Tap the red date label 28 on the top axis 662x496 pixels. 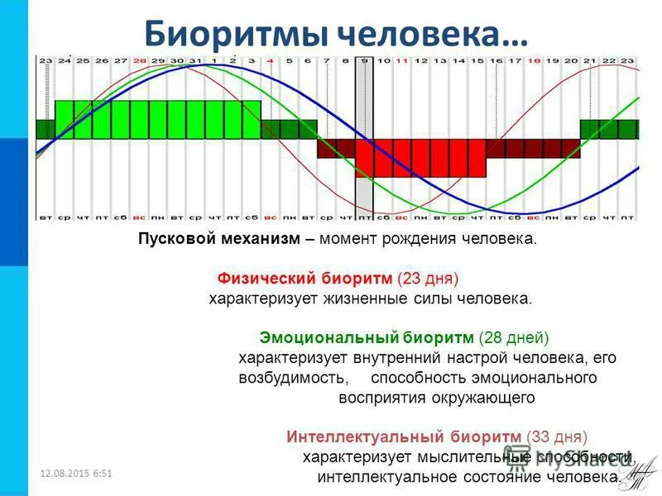pos(140,60)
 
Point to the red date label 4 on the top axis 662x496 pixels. pos(271,60)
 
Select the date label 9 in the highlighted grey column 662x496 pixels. pos(364,60)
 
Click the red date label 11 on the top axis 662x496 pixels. pos(402,60)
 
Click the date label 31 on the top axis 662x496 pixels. pos(195,60)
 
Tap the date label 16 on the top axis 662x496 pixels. pos(496,60)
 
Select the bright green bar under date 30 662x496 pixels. pos(177,119)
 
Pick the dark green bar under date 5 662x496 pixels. pos(289,129)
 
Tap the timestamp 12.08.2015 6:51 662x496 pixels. pos(75,473)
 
